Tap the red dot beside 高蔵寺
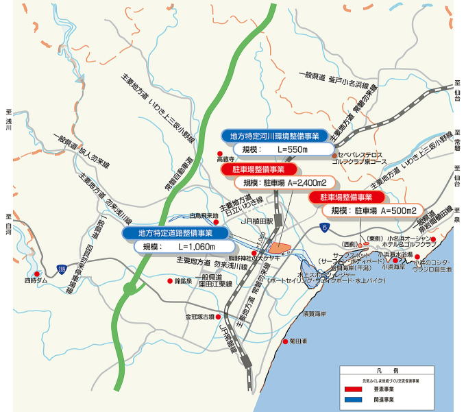(219, 153)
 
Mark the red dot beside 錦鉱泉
(170, 280)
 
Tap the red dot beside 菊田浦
(285, 341)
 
